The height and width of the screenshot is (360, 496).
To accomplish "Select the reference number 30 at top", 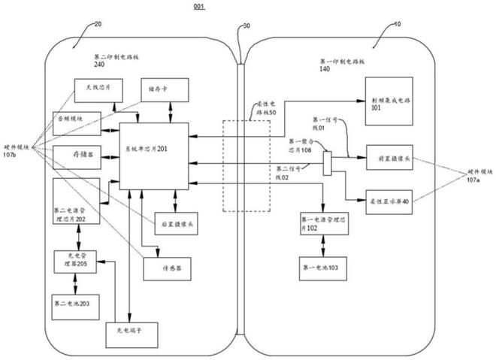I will tap(246, 27).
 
